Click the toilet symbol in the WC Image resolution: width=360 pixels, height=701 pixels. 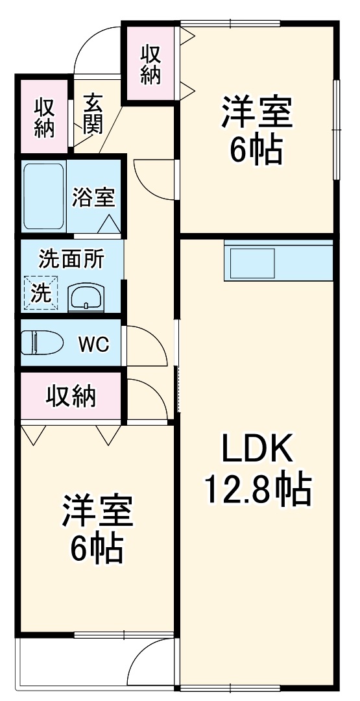pyautogui.click(x=40, y=342)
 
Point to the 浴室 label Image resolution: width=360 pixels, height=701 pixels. pyautogui.click(x=93, y=196)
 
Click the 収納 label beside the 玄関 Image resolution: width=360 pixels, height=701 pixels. pyautogui.click(x=44, y=117)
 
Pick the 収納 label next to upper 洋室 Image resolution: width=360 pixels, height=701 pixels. pyautogui.click(x=150, y=64)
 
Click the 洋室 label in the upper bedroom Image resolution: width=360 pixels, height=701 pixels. pyautogui.click(x=257, y=113)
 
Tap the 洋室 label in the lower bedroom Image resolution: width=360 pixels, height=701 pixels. pyautogui.click(x=97, y=512)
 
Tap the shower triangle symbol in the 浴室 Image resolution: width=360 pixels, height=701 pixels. pyautogui.click(x=109, y=224)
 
